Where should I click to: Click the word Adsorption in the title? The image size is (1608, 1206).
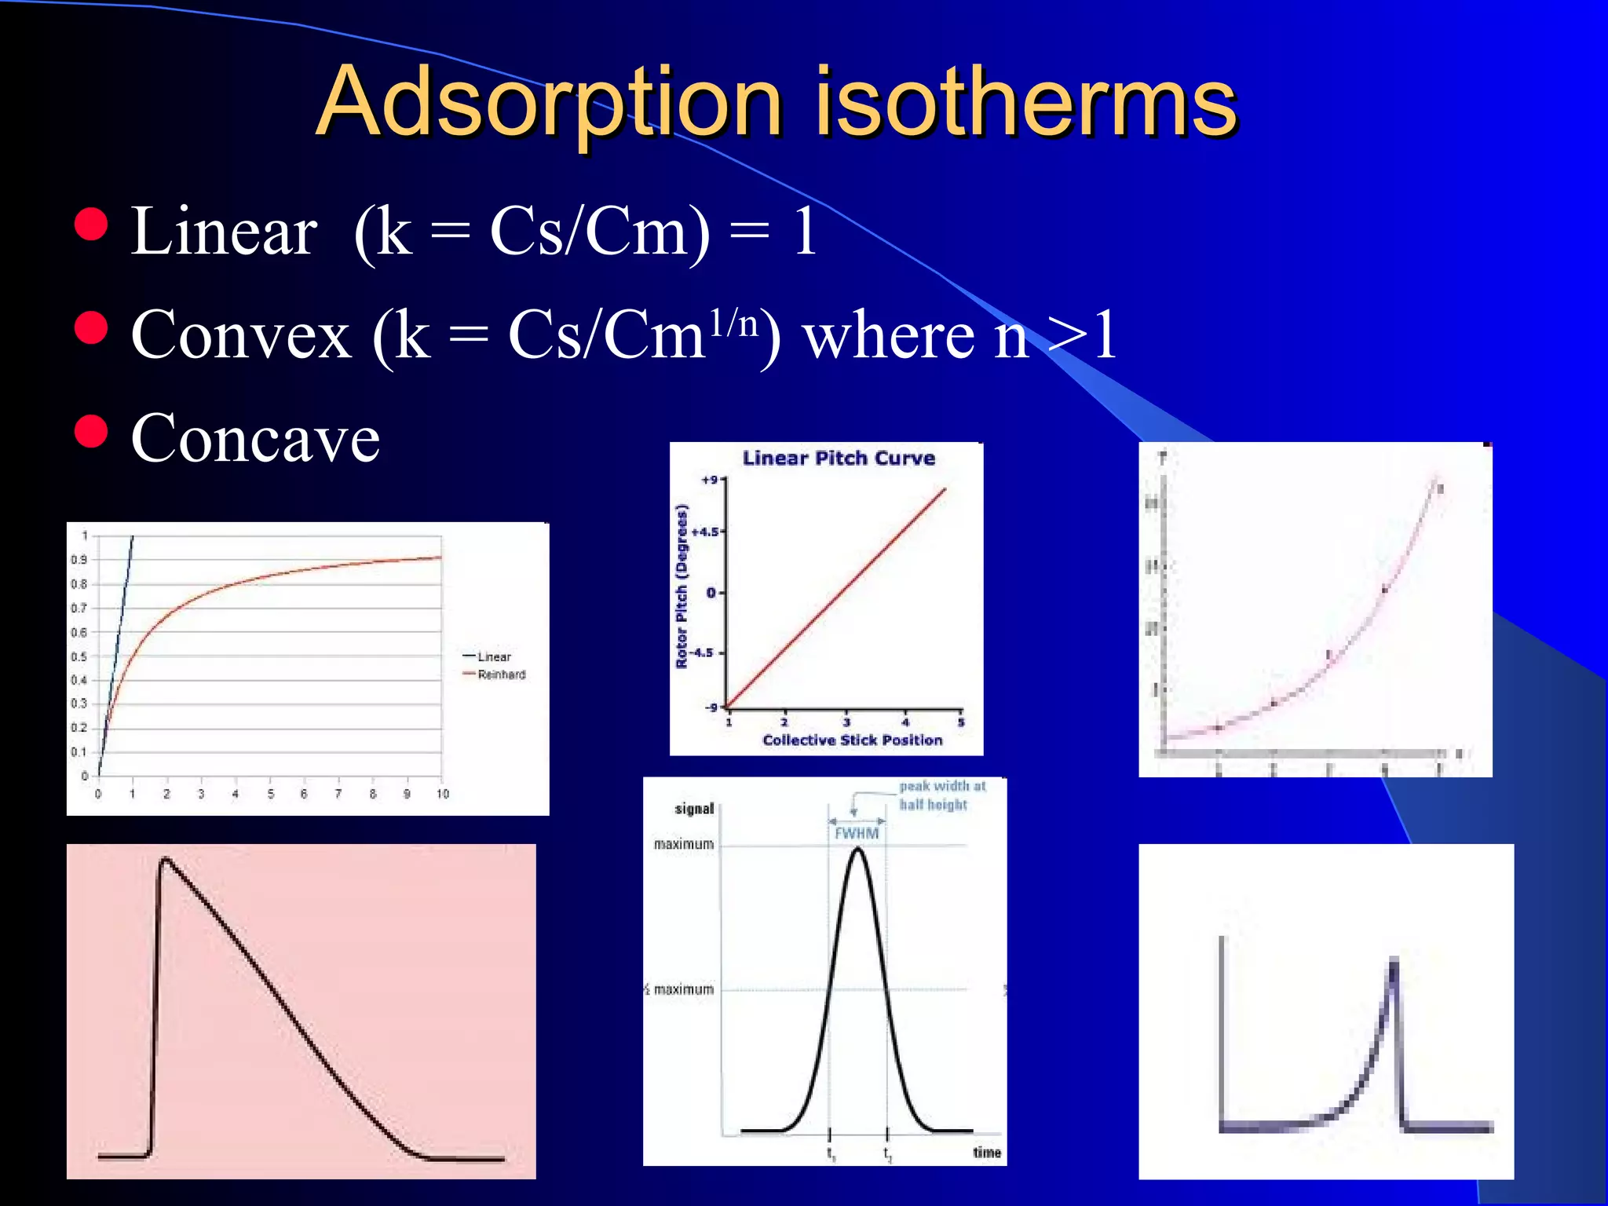[550, 102]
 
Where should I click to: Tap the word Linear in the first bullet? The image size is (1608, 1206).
[224, 232]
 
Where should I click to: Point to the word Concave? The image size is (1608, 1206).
[255, 438]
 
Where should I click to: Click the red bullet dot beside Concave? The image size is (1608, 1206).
[91, 430]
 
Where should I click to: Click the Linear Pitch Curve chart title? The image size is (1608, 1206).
[839, 459]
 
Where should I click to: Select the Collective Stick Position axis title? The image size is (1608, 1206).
[852, 740]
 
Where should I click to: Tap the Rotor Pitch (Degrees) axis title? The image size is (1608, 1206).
[682, 586]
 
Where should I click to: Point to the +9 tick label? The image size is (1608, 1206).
[710, 480]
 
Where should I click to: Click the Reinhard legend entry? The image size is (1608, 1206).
[501, 674]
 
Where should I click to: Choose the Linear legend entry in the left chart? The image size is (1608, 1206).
[494, 656]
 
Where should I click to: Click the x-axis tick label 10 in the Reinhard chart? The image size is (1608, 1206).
[443, 794]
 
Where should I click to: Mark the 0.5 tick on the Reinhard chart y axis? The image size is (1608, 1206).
[79, 656]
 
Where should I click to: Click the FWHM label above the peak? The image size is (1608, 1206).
[857, 833]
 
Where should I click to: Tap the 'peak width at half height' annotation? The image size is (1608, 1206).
[941, 795]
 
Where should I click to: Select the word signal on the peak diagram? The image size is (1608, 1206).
[694, 809]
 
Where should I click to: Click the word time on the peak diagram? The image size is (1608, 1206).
[987, 1153]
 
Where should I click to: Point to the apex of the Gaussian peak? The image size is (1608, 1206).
[858, 849]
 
